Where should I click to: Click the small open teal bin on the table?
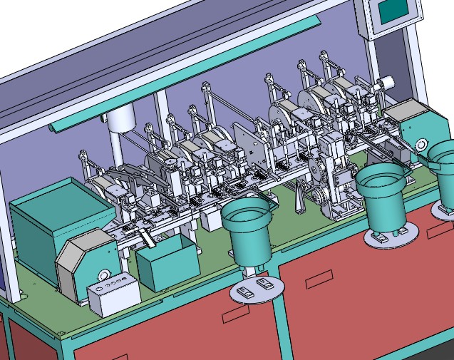click(x=167, y=264)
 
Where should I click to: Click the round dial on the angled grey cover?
click(x=104, y=276)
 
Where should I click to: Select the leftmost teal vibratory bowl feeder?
click(x=248, y=230)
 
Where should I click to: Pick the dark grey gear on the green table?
click(x=300, y=197)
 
